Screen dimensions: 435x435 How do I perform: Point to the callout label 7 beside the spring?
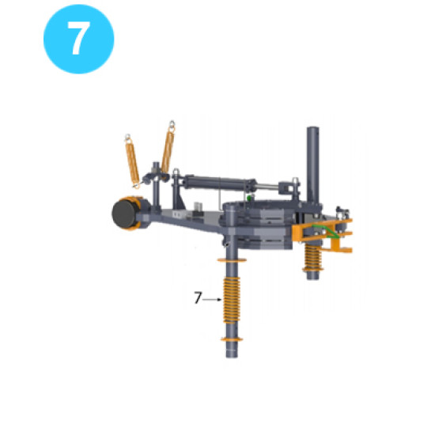[x=199, y=298]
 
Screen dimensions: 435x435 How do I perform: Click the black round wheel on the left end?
[x=126, y=214]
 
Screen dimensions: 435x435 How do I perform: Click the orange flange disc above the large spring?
[x=230, y=262]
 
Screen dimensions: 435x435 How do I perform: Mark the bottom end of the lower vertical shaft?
[x=230, y=358]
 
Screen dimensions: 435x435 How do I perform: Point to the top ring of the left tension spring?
[x=128, y=136]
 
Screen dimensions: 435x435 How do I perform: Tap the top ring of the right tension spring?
[x=170, y=124]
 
